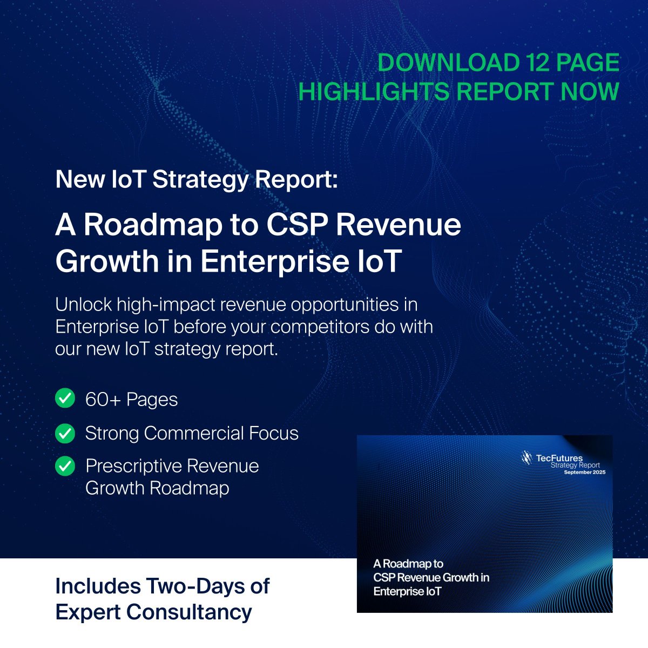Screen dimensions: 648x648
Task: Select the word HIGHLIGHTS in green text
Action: point(374,91)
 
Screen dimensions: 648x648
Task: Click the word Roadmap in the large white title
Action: point(153,225)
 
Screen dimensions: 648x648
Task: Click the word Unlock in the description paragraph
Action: point(82,305)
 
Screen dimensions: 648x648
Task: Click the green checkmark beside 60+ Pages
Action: point(65,399)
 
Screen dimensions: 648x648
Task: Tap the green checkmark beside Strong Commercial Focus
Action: point(65,433)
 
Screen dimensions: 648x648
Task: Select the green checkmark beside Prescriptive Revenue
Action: point(65,466)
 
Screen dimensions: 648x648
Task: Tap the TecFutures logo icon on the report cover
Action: point(526,458)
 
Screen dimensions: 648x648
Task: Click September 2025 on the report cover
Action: point(585,473)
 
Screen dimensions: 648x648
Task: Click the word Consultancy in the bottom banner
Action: point(189,612)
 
